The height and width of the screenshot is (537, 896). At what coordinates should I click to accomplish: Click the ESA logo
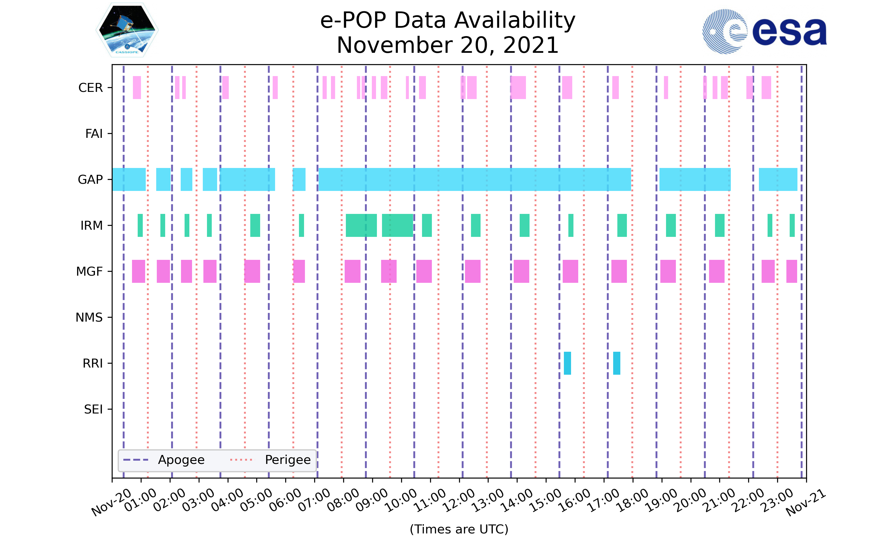[x=764, y=32]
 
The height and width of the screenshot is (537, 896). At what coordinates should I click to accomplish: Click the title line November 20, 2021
[x=448, y=45]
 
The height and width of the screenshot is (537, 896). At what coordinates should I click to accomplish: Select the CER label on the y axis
[x=90, y=88]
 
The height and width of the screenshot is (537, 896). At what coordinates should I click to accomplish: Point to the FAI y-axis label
[x=94, y=134]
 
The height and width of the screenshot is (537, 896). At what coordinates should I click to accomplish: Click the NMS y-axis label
[x=89, y=317]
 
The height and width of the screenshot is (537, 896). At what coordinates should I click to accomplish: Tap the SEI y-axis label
[x=93, y=409]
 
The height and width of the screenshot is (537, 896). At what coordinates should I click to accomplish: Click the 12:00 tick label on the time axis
[x=459, y=500]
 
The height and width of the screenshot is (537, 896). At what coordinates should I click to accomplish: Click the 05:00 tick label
[x=257, y=500]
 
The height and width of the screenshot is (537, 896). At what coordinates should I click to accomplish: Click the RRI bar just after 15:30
[x=567, y=363]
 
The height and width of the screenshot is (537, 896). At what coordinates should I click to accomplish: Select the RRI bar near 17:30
[x=616, y=363]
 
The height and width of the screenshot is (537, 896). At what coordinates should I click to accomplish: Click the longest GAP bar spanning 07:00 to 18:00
[x=475, y=180]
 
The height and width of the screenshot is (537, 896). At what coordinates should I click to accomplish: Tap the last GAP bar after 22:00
[x=778, y=180]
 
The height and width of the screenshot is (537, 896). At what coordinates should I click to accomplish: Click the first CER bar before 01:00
[x=136, y=88]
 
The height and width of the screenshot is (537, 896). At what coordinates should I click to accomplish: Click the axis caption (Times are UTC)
[x=459, y=529]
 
